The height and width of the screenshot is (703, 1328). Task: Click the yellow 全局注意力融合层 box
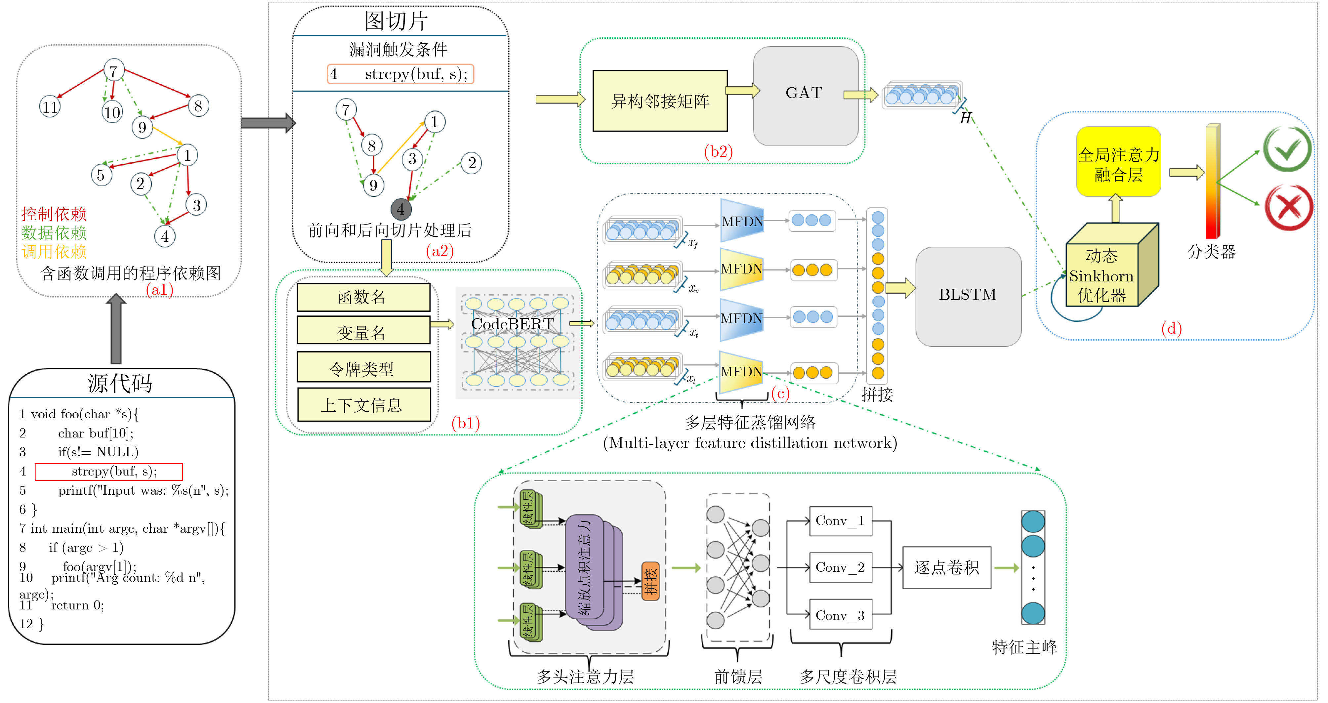coord(1118,162)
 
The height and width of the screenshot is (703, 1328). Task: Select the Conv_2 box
coord(840,567)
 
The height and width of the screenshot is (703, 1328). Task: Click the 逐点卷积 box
coord(946,567)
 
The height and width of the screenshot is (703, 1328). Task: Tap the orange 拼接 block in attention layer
coord(650,581)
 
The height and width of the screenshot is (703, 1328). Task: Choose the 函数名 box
coord(363,297)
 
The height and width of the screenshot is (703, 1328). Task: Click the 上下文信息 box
coord(363,405)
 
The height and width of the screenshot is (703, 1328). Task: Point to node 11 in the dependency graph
coord(50,107)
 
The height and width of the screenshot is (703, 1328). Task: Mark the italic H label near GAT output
coord(965,118)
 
